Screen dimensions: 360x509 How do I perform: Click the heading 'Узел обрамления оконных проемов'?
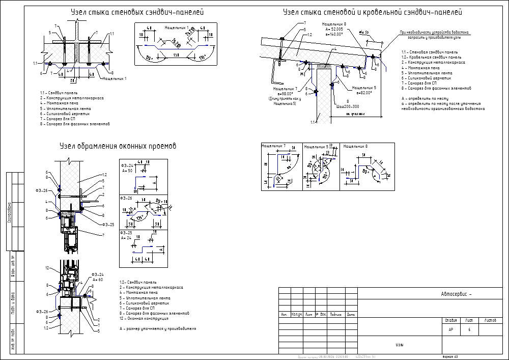[x=118, y=146]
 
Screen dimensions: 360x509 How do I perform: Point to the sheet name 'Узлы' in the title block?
[x=400, y=345]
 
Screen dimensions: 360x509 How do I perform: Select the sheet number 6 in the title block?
[x=468, y=330]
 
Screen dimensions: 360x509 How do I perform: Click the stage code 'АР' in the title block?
[x=450, y=330]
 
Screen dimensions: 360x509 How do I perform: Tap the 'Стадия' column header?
[x=450, y=321]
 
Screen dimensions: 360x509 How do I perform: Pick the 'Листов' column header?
[x=490, y=321]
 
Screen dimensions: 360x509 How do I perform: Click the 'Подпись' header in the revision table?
[x=335, y=314]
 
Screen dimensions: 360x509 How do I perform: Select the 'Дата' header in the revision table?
[x=351, y=314]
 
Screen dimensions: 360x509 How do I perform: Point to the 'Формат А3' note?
[x=450, y=357]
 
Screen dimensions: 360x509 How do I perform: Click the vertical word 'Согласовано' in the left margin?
[x=9, y=211]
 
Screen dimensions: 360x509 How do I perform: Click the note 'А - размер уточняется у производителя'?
[x=158, y=329]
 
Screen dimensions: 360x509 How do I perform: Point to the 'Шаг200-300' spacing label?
[x=348, y=106]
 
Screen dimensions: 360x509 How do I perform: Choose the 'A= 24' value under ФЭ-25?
[x=127, y=238]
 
